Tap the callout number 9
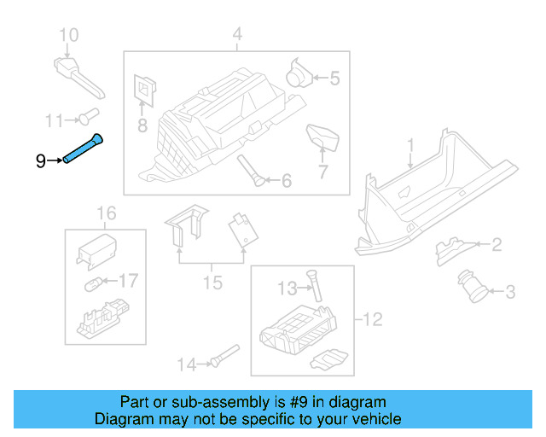[x=40, y=160]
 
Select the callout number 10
[x=67, y=35]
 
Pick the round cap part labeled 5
[x=300, y=72]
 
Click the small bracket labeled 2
[x=448, y=248]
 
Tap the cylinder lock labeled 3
[x=473, y=285]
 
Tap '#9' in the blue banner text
[x=297, y=402]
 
